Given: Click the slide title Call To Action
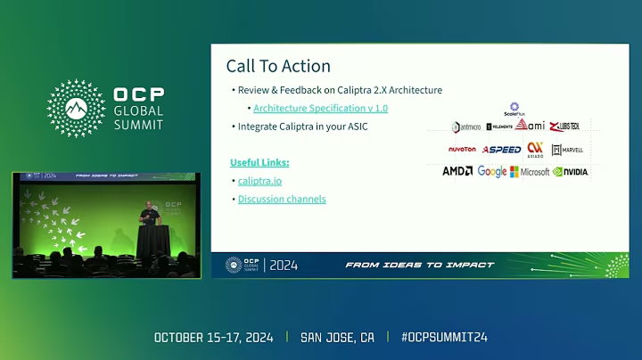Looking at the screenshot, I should click(278, 66).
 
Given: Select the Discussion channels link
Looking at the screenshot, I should click(282, 199).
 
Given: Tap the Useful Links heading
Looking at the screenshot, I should click(259, 162).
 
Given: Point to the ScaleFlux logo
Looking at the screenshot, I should click(514, 109).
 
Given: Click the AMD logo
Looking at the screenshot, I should click(457, 171).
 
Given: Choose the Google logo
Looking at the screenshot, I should click(492, 171).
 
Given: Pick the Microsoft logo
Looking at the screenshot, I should click(530, 171).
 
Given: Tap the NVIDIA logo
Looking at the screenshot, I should click(571, 171).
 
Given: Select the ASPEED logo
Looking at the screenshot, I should click(502, 149).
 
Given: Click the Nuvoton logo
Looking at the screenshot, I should click(462, 149).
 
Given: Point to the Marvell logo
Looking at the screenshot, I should click(569, 149).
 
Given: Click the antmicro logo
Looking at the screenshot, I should click(466, 127).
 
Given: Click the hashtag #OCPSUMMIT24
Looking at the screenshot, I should click(444, 338).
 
